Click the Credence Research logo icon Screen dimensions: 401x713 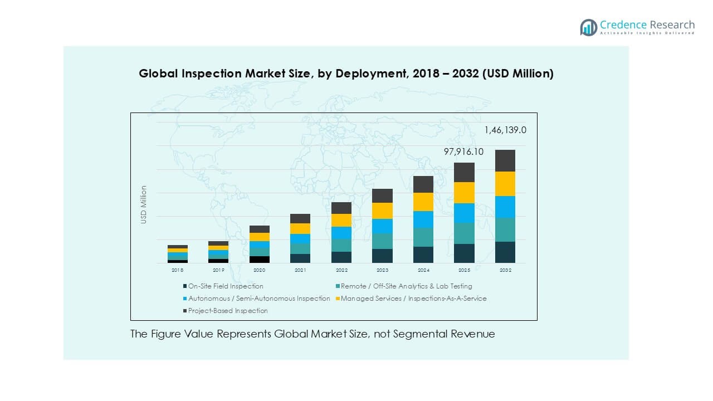pos(588,27)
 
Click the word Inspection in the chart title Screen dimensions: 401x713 pos(206,74)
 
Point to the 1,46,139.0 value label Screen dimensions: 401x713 pos(505,130)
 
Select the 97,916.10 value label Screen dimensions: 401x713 pos(463,152)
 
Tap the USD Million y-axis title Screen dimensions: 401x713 pos(144,205)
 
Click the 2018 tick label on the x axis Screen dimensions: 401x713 pos(178,270)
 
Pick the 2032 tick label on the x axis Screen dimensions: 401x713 pos(505,270)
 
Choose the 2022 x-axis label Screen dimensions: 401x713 pos(341,270)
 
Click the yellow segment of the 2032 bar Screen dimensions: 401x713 pos(505,184)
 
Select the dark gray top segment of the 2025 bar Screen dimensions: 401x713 pos(464,172)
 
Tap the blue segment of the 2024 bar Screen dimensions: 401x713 pos(423,219)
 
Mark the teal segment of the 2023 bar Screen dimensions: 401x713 pos(382,241)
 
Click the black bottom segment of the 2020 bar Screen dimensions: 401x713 pos(260,260)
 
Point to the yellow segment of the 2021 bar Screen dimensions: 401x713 pos(300,228)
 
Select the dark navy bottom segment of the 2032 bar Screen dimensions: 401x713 pos(505,252)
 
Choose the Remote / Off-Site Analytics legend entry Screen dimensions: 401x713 pos(406,286)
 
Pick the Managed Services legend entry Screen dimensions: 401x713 pos(413,299)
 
